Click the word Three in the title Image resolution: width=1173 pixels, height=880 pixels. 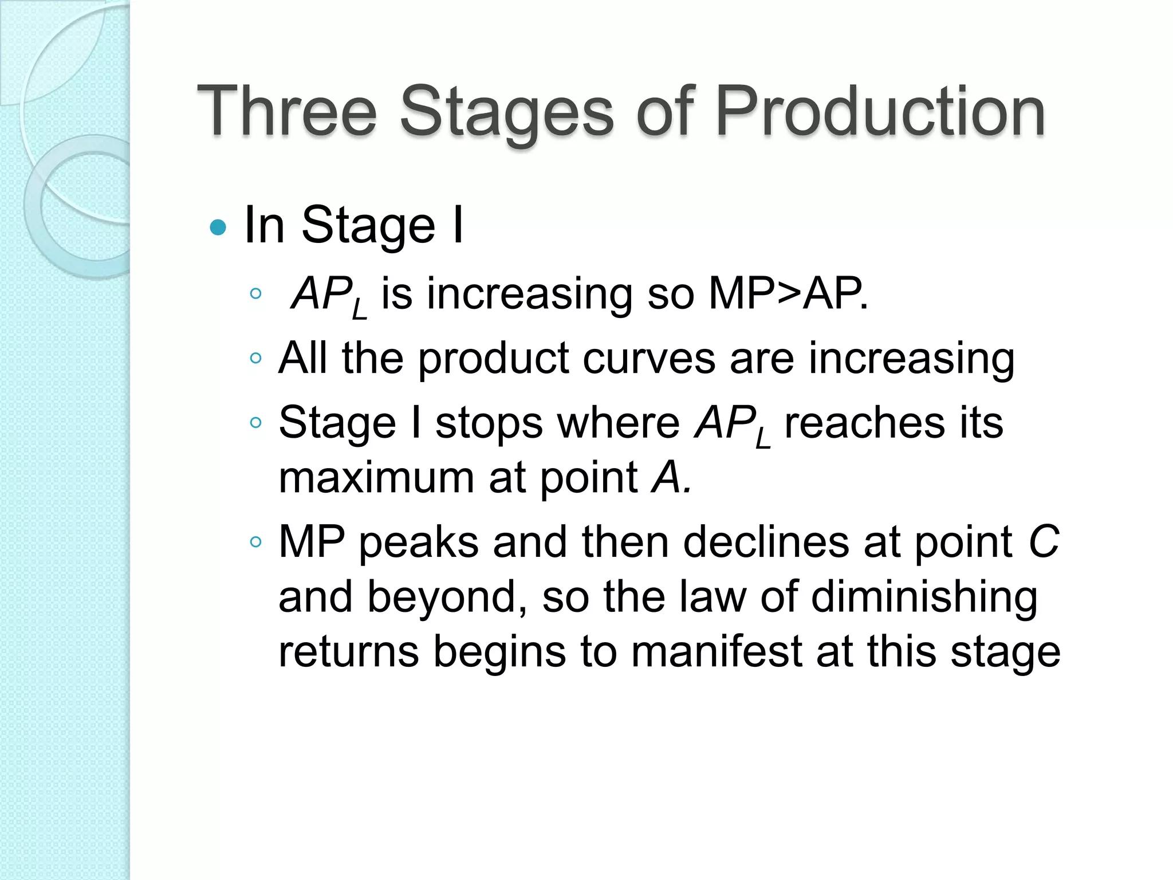coord(286,111)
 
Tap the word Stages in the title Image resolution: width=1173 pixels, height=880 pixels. coord(507,111)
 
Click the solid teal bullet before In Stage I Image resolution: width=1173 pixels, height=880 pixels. coord(218,227)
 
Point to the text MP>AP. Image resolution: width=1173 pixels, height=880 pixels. coord(788,294)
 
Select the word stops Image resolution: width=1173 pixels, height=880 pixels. coord(489,423)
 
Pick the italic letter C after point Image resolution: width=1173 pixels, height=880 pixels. coord(1043,541)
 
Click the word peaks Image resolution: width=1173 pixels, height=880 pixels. coord(419,541)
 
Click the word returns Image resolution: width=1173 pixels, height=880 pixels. coord(348,651)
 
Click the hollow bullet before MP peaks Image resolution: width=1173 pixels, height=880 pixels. coord(256,542)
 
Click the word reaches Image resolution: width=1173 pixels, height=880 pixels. coord(864,423)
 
